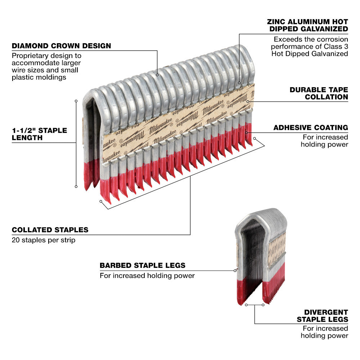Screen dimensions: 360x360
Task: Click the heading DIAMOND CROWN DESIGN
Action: [x=61, y=46]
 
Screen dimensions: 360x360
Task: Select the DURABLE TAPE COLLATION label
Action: [x=319, y=93]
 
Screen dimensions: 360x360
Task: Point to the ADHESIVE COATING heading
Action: [x=311, y=127]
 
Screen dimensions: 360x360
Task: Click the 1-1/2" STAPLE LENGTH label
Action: [x=39, y=134]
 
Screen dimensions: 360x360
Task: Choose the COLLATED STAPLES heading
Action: [x=50, y=230]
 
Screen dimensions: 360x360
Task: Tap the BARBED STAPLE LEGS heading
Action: [x=143, y=265]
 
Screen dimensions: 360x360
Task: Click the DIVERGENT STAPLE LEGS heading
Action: [x=322, y=316]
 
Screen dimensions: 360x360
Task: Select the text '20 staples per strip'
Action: [x=44, y=240]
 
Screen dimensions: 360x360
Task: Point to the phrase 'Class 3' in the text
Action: [x=335, y=46]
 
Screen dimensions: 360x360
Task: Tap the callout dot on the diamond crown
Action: [x=157, y=75]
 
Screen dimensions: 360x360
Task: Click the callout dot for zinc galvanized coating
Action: [x=239, y=83]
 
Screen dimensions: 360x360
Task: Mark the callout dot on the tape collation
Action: [x=248, y=102]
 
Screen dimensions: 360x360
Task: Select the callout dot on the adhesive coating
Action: [x=246, y=132]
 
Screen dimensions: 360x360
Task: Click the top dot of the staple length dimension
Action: [x=76, y=101]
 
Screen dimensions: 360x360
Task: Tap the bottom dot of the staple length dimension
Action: [x=76, y=186]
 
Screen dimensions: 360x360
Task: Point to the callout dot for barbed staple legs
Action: [x=235, y=270]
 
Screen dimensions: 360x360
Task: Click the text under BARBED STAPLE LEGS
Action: [x=147, y=276]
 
